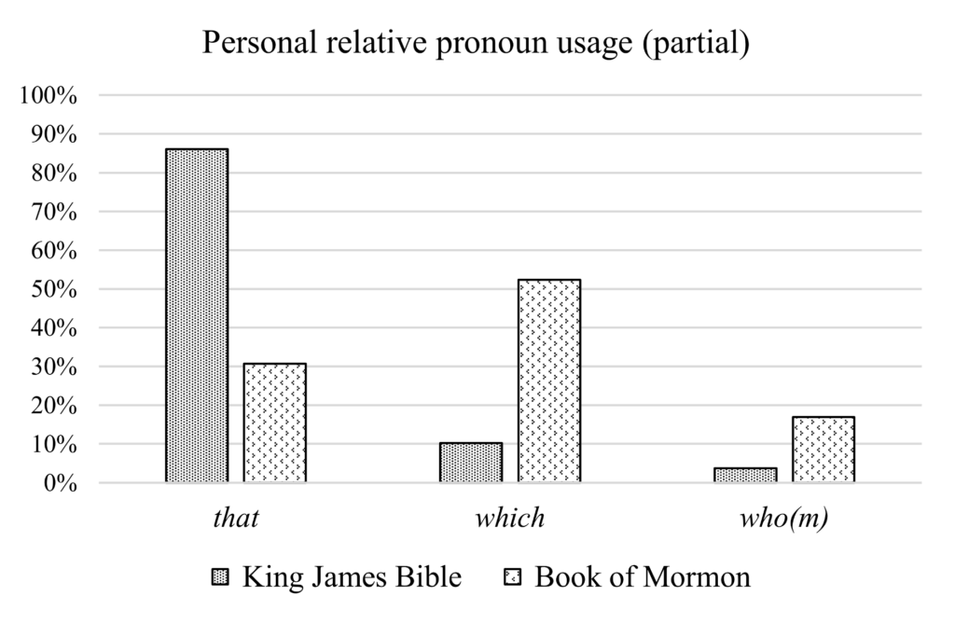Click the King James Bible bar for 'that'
pyautogui.click(x=196, y=315)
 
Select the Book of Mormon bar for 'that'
pyautogui.click(x=275, y=423)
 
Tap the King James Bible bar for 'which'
pyautogui.click(x=470, y=463)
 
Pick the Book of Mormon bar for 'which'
pyautogui.click(x=549, y=381)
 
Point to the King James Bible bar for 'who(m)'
pyautogui.click(x=744, y=475)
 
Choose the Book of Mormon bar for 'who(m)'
pyautogui.click(x=824, y=450)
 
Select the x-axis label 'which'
pyautogui.click(x=509, y=518)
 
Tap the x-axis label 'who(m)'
pyautogui.click(x=783, y=518)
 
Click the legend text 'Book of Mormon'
pyautogui.click(x=642, y=577)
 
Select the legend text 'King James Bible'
pyautogui.click(x=352, y=577)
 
